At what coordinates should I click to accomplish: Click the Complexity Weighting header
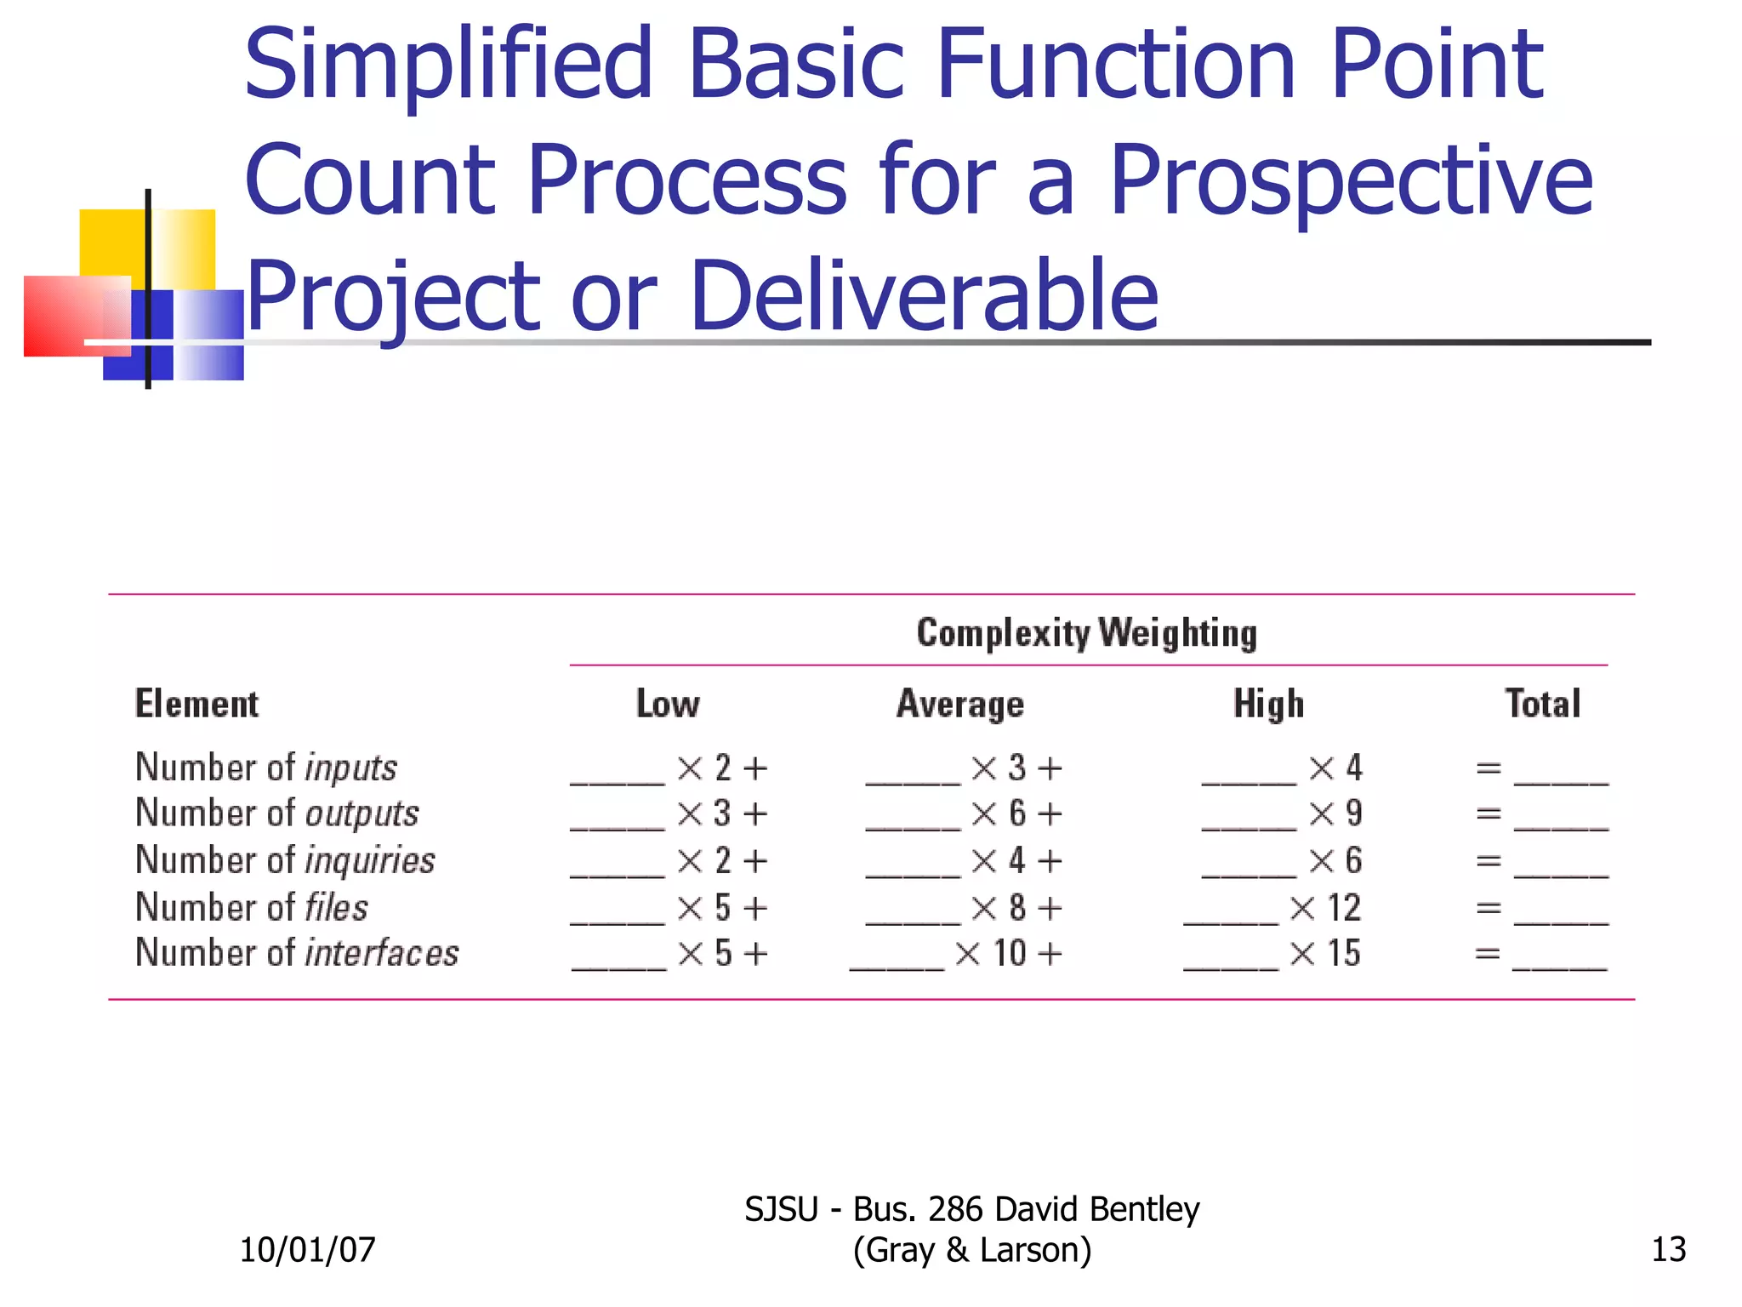pos(1086,633)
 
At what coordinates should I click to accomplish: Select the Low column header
pos(668,705)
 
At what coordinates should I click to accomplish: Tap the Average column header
pos(960,705)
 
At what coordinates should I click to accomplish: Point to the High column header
pos(1268,705)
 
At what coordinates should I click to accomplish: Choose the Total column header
pos(1542,705)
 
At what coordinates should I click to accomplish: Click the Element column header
pos(196,705)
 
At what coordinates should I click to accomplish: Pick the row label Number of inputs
pos(266,768)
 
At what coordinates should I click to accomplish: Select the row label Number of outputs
pos(277,813)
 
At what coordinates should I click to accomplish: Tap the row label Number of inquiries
pos(285,860)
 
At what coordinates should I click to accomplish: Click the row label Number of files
pos(252,907)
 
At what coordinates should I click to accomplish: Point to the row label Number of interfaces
pos(297,953)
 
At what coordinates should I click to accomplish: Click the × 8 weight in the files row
pos(1001,908)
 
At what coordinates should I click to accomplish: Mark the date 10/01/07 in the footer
pos(307,1250)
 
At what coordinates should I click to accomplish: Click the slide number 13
pos(1668,1250)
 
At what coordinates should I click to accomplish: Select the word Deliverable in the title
pos(925,295)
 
